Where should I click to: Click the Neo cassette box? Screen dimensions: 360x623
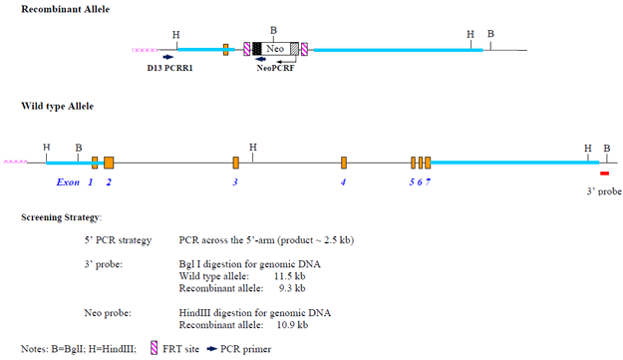coord(275,48)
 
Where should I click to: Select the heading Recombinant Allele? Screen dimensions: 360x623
coord(62,9)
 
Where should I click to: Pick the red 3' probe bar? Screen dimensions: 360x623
coord(604,174)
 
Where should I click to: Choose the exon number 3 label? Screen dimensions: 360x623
coord(235,182)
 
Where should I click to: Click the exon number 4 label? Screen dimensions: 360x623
coord(343,182)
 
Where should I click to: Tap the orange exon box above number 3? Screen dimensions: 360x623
coord(236,163)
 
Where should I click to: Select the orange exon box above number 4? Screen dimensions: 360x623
coord(343,163)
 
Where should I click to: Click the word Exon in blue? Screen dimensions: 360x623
coord(68,182)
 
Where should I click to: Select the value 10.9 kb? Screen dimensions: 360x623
coord(290,325)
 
